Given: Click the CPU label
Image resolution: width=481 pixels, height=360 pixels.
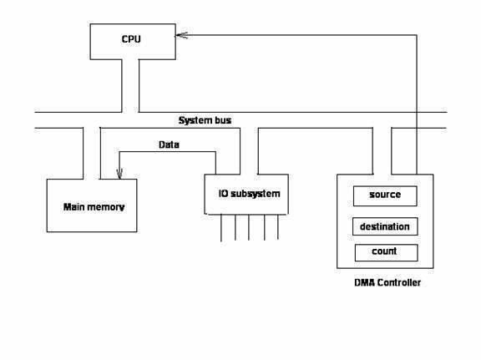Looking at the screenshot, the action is click(x=131, y=39).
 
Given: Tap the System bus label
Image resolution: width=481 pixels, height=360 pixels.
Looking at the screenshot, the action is click(x=205, y=120).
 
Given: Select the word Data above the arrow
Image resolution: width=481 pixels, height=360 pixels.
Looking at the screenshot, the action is click(x=169, y=145).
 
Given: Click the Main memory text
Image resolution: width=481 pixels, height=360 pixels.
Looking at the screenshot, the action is click(x=94, y=207).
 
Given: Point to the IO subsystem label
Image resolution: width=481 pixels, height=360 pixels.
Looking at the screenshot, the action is click(x=249, y=194).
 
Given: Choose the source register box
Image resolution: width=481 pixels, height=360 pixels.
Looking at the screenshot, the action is click(x=385, y=195).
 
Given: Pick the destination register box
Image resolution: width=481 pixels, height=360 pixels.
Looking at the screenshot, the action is click(x=385, y=226).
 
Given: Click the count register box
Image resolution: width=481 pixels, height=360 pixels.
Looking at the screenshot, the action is click(x=386, y=252).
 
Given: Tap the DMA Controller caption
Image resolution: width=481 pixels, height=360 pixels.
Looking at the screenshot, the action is click(x=387, y=282).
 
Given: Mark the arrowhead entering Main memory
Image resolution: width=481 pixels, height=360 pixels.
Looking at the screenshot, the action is click(x=119, y=174).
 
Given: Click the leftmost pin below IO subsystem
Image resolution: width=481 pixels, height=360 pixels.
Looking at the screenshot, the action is click(x=221, y=228).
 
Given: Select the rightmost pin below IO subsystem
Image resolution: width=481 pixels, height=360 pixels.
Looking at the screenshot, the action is click(x=278, y=227).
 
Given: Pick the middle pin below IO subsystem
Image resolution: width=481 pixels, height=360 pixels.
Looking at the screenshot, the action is click(x=249, y=227).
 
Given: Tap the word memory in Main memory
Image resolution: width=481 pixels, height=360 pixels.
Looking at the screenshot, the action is click(x=106, y=207).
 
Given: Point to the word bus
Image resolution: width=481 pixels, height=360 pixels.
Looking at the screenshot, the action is click(x=223, y=120).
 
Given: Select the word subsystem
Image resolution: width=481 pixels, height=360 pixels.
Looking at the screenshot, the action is click(x=256, y=194).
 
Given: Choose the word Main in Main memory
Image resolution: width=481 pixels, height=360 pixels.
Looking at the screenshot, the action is click(x=74, y=207).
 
